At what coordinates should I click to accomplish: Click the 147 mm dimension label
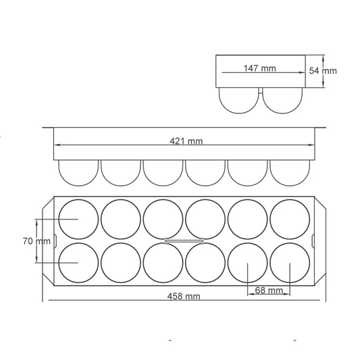coord(259,68)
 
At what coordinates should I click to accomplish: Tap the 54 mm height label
coord(323,71)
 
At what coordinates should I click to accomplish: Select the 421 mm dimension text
coord(186,141)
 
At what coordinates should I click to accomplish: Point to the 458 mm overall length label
coord(184,297)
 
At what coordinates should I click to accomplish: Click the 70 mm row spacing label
coord(36,241)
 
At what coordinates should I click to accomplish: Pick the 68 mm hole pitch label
coord(269,290)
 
